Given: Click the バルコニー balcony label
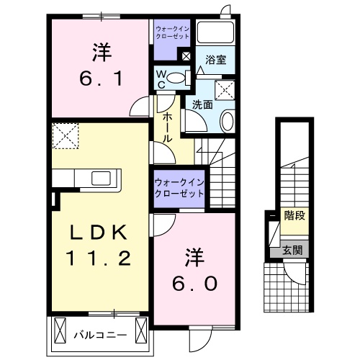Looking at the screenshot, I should (x=101, y=334).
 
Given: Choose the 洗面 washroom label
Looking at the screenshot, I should (x=202, y=104).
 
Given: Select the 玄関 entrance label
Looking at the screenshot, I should (x=292, y=250).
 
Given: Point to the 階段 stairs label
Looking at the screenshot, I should (x=294, y=215).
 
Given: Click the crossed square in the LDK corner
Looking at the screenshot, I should (x=66, y=135).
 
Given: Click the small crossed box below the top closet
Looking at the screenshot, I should (x=186, y=55).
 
